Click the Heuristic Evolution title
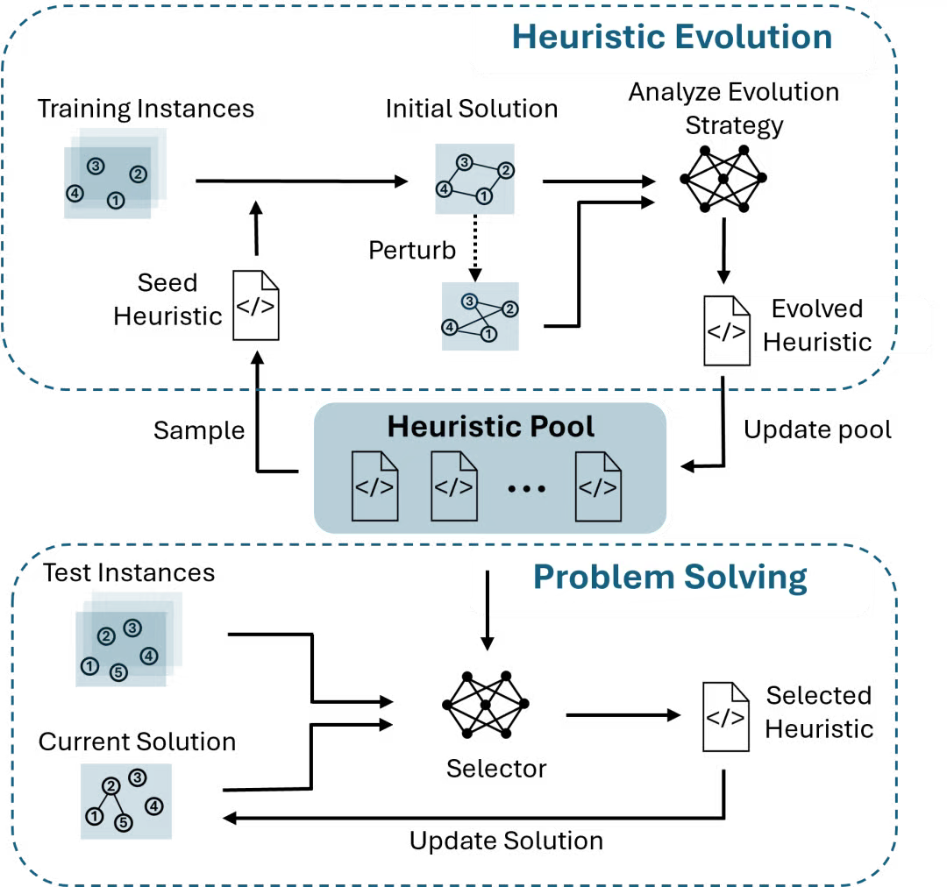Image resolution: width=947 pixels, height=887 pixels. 673,37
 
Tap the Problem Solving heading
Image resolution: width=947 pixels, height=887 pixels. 670,578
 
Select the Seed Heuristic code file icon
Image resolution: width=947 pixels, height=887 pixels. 256,306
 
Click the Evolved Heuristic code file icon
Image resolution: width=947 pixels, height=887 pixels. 727,331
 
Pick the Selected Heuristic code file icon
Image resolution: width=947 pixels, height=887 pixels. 726,717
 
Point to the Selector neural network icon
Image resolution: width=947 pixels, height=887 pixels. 486,705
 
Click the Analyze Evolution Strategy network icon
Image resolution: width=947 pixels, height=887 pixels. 723,179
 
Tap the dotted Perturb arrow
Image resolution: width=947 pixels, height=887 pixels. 475,247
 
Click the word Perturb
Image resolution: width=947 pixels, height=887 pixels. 412,250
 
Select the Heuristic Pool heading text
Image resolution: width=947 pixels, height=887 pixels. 490,426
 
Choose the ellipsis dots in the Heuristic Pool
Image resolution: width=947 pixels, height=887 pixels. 527,488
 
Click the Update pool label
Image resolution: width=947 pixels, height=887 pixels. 817,430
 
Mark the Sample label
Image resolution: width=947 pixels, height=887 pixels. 199,431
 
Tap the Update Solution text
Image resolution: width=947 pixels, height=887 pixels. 506,841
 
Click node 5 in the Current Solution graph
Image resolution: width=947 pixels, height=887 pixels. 124,822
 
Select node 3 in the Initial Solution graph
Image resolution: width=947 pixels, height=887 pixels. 464,162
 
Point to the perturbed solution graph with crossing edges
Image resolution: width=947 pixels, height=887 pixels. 481,316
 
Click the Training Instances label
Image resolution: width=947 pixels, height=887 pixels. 146,110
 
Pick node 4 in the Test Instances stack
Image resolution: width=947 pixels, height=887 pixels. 148,656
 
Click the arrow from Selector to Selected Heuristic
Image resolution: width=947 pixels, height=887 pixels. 623,715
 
